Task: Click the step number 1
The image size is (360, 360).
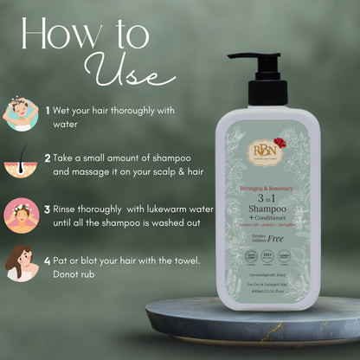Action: [x=48, y=110]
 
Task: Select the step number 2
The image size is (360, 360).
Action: [x=48, y=159]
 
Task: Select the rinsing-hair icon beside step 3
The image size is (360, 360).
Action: [x=21, y=215]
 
